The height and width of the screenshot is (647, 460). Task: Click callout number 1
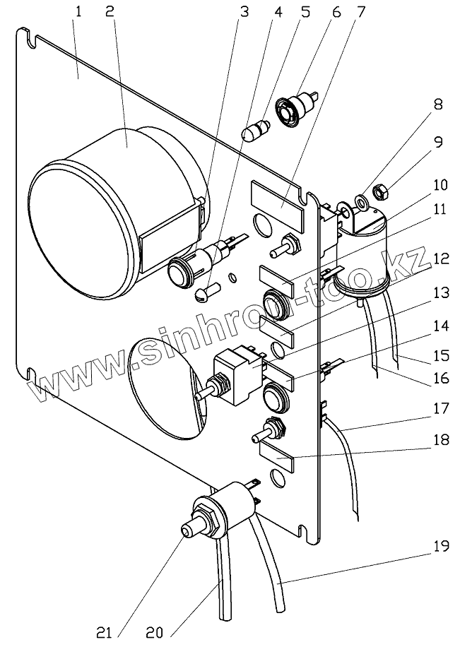click(78, 12)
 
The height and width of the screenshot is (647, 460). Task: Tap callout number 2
click(110, 12)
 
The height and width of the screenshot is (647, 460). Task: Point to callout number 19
click(441, 546)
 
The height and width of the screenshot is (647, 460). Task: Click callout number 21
click(104, 633)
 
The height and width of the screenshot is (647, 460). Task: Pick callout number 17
click(441, 408)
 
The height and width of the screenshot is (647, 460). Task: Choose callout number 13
click(441, 293)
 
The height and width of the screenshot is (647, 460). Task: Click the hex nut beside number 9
click(379, 191)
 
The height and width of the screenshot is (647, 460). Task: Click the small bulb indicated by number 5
click(254, 131)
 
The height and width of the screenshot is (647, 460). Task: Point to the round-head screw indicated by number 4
click(207, 291)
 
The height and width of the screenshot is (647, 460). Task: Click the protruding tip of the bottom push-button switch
click(188, 533)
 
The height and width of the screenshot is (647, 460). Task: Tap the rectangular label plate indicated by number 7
click(277, 202)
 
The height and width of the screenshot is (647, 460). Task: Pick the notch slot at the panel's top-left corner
click(30, 38)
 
